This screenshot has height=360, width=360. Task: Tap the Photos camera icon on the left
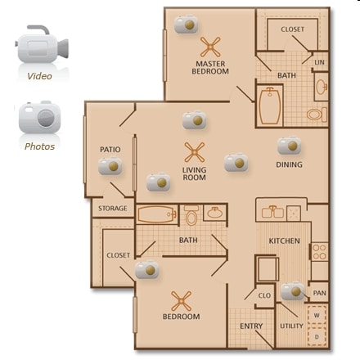38,118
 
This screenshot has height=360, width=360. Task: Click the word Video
39,76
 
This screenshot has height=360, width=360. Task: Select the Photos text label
39,146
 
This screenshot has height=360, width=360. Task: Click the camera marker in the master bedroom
187,25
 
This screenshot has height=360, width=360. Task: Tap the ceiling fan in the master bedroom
211,47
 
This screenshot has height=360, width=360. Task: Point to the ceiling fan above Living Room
194,152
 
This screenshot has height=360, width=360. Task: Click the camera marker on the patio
110,168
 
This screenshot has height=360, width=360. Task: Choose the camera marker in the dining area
289,146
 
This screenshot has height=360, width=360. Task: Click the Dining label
289,164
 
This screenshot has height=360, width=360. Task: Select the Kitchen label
284,241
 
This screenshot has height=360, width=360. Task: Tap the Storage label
113,209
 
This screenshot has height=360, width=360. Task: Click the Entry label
250,326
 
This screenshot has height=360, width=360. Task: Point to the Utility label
291,326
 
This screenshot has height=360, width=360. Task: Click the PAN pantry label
319,292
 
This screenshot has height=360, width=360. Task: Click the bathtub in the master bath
270,106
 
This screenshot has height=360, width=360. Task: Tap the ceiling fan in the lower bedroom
181,299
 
